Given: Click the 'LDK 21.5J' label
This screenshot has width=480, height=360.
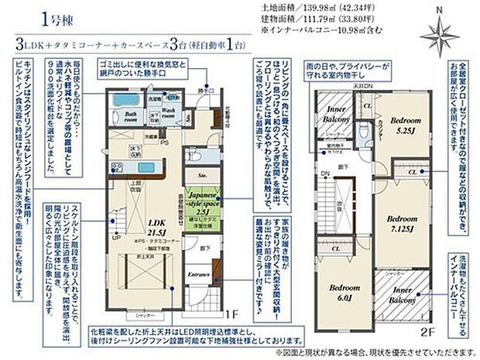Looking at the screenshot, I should (x=159, y=225).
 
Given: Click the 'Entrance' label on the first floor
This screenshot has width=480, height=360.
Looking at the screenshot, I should (x=201, y=275).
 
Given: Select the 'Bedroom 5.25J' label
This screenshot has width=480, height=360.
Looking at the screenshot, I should (x=405, y=126).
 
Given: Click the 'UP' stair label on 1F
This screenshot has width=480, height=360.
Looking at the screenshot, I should (x=116, y=238).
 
